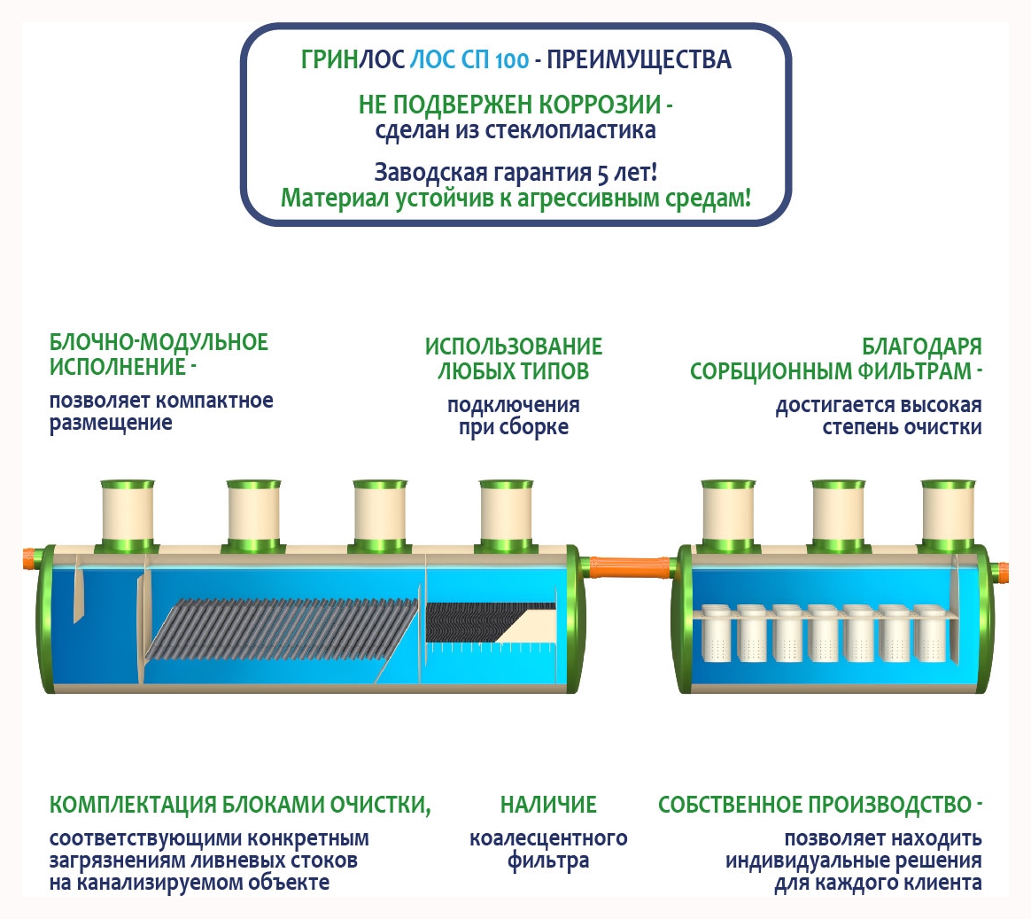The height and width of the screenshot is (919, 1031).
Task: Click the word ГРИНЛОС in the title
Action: (353, 60)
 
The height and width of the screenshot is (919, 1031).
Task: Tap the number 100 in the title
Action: (512, 61)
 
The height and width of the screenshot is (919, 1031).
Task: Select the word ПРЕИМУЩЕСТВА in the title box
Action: (639, 60)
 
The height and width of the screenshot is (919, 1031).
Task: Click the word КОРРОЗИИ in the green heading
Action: (601, 105)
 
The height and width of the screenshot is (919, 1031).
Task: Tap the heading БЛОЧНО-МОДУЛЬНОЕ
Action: (159, 343)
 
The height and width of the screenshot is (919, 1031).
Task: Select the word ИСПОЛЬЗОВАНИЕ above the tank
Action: (514, 347)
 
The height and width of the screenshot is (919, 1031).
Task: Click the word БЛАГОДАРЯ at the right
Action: (922, 347)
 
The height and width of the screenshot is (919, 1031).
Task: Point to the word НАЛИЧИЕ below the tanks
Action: (548, 805)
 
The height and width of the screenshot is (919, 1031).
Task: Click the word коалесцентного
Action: (548, 838)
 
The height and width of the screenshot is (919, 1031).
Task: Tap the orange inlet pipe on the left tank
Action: (30, 558)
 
